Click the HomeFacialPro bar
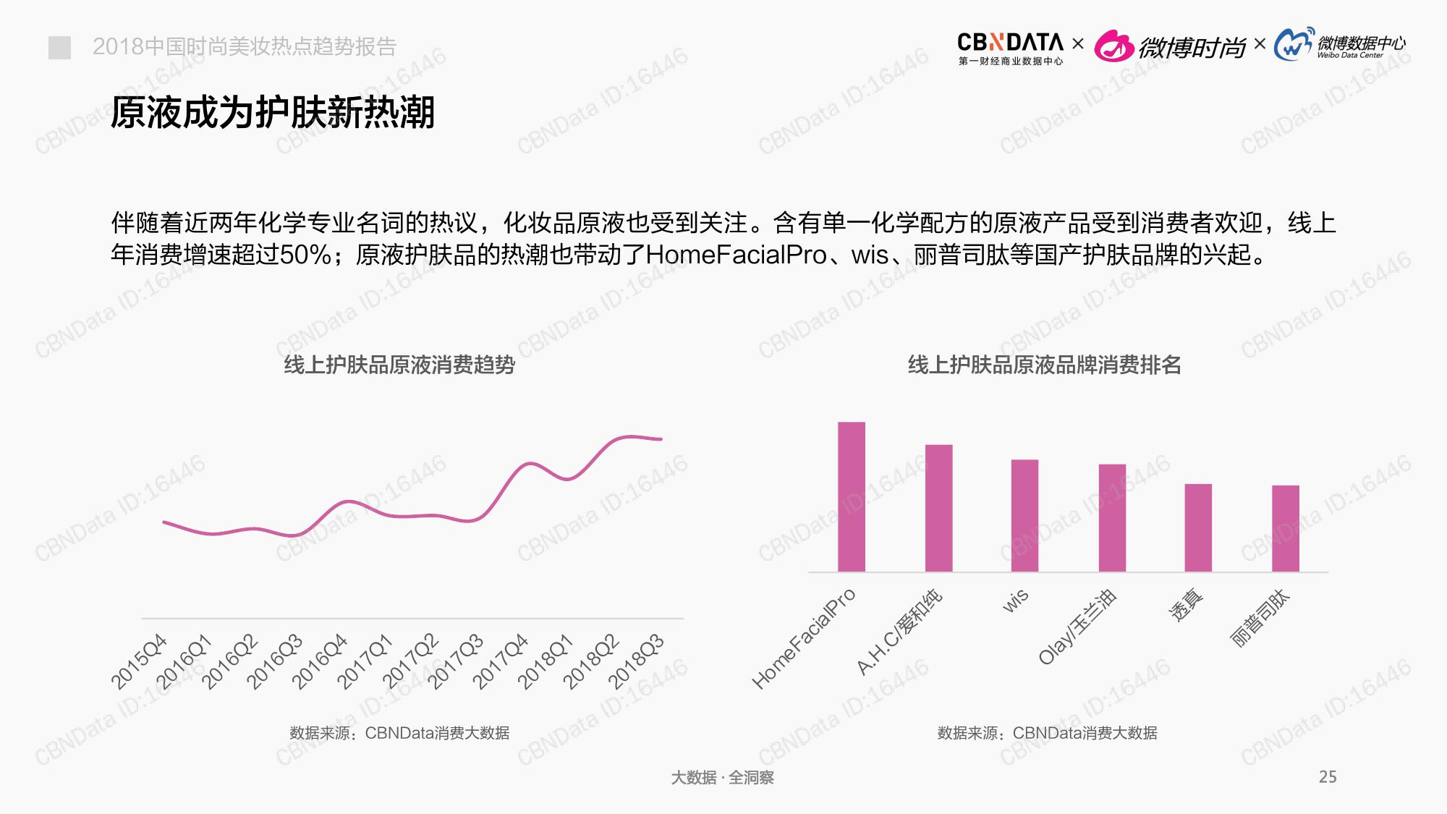pyautogui.click(x=851, y=497)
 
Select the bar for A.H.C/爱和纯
pyautogui.click(x=938, y=508)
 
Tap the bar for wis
pyautogui.click(x=1024, y=516)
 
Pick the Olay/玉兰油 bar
pyautogui.click(x=1112, y=518)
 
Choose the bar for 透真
pyautogui.click(x=1198, y=527)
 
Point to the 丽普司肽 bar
pyautogui.click(x=1286, y=528)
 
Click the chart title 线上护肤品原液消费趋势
pyautogui.click(x=399, y=365)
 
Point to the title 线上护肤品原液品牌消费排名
pyautogui.click(x=1044, y=365)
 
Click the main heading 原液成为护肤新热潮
pyautogui.click(x=273, y=113)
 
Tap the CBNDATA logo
pyautogui.click(x=1010, y=48)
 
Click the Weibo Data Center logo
pyautogui.click(x=1339, y=46)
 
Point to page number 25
pyautogui.click(x=1328, y=777)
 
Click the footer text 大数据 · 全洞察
pyautogui.click(x=722, y=778)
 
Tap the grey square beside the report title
pyautogui.click(x=59, y=48)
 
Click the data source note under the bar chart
pyautogui.click(x=1047, y=733)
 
